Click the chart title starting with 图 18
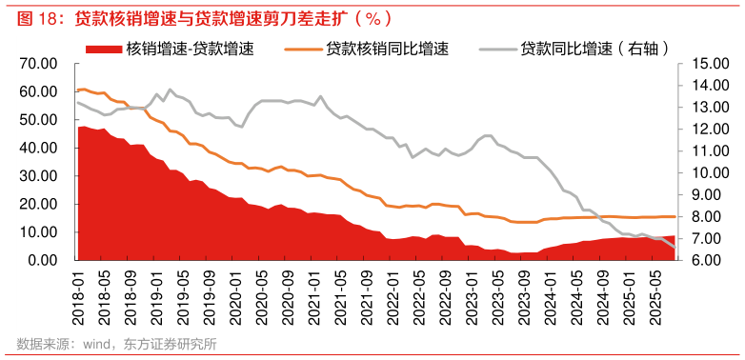[x=200, y=18]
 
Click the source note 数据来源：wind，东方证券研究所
[x=116, y=344]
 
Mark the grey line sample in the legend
[x=499, y=48]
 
